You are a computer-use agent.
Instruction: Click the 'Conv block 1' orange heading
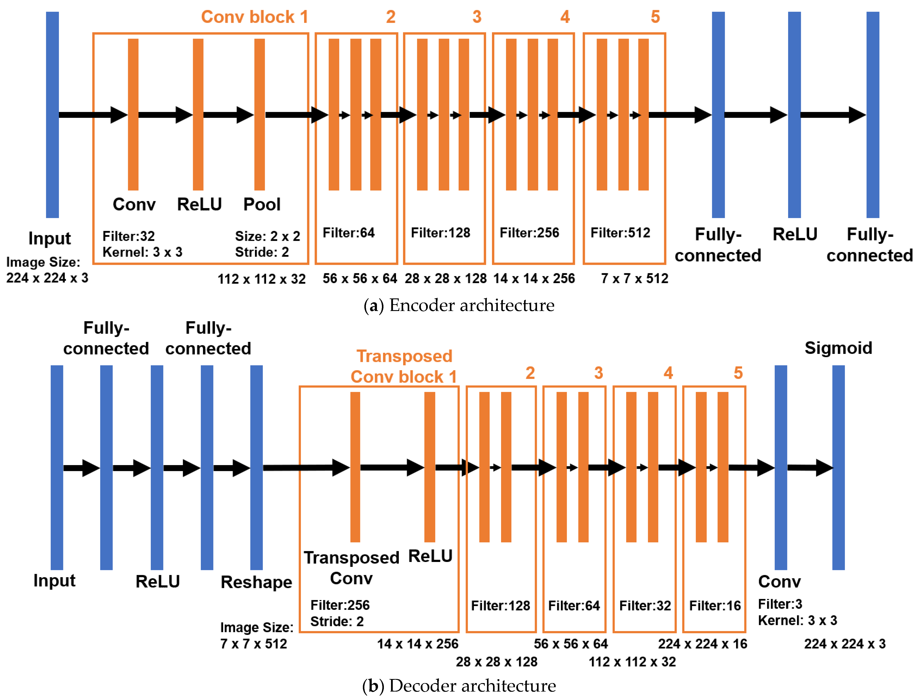coord(254,17)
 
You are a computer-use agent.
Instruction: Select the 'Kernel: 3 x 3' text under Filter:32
coord(142,252)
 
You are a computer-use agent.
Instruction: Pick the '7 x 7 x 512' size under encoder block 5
coord(634,278)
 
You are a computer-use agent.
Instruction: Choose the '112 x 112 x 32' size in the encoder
coord(261,279)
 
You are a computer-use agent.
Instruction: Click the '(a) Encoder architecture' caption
coord(458,305)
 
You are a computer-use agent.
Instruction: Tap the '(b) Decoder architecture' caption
coord(458,685)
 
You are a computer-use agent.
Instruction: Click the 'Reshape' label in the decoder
coord(256,582)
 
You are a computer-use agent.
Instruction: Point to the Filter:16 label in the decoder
coord(715,606)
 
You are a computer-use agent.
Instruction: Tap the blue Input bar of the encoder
coord(52,115)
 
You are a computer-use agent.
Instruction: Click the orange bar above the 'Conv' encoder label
coord(133,115)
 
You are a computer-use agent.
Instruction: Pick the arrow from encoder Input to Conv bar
coord(93,115)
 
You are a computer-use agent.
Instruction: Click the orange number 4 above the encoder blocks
coord(565,17)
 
